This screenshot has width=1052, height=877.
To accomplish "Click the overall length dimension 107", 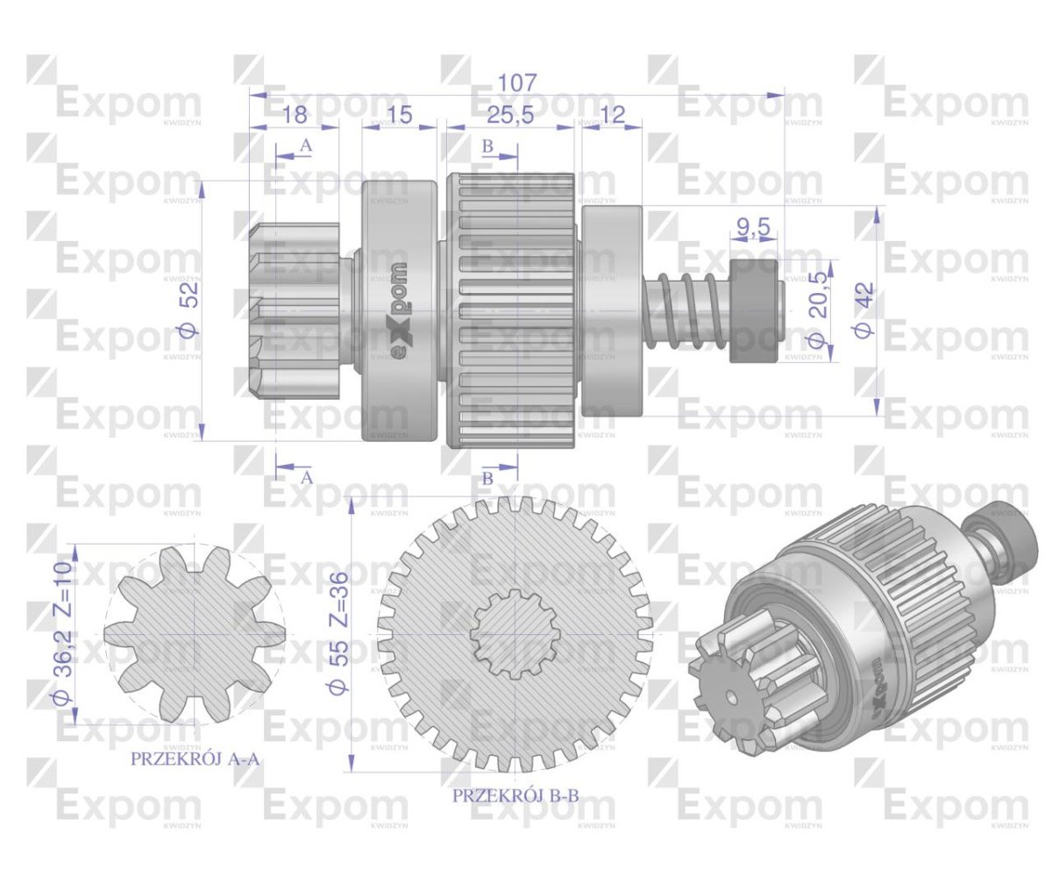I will tap(516, 82).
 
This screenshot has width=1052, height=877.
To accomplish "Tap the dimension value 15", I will tap(399, 114).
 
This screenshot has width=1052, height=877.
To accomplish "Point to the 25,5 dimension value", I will tap(509, 114).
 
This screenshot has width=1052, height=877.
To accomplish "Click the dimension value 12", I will tap(612, 114).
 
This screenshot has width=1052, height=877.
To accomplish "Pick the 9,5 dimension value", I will tap(753, 230).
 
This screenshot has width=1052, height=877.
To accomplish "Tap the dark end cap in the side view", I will tap(754, 311).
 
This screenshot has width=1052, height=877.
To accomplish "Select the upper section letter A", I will tap(305, 146).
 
